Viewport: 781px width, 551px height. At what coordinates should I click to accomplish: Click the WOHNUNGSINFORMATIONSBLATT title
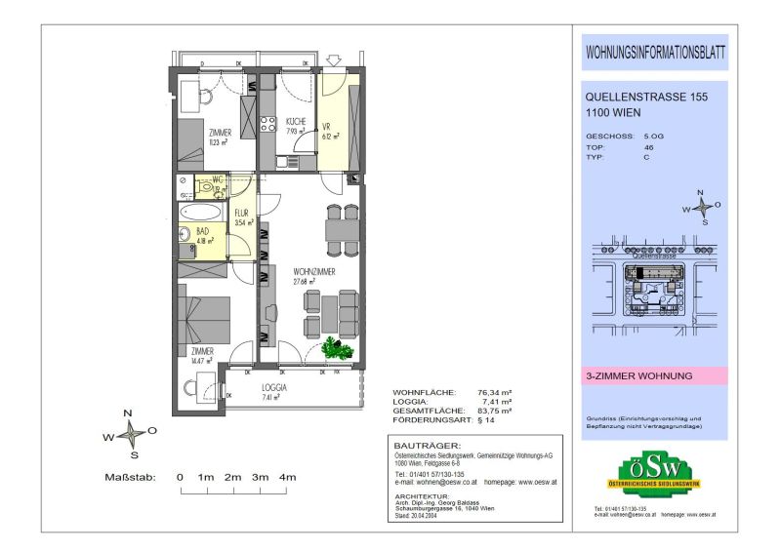(654, 52)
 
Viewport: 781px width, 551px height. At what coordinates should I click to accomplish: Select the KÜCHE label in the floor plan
(296, 122)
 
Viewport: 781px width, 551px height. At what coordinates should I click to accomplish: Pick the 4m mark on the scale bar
(288, 477)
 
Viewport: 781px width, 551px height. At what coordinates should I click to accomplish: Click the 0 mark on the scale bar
(180, 477)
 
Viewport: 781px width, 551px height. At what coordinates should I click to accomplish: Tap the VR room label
(328, 126)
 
